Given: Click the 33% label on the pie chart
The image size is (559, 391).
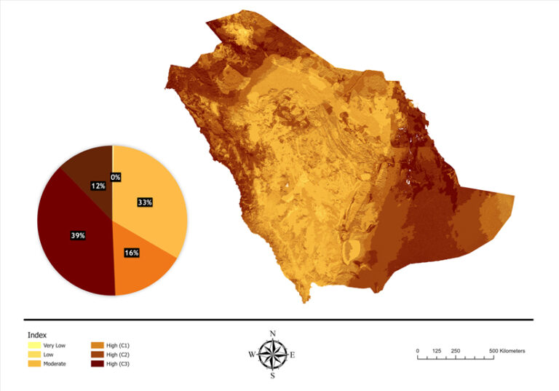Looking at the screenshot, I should (144, 202).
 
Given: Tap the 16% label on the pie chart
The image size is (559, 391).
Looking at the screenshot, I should (132, 253).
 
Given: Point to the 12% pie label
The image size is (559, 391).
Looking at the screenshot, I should (98, 186).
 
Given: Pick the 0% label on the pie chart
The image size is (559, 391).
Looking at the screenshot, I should (115, 177).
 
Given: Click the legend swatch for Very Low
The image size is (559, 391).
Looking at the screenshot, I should (34, 345).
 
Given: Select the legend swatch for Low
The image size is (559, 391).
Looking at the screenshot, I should (34, 354).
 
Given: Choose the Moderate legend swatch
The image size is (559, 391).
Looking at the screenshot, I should (34, 363).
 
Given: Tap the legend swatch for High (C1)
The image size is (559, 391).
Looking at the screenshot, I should (97, 345).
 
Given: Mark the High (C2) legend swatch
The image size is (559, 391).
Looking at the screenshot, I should (97, 354).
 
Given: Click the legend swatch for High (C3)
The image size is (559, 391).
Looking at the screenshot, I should (97, 363).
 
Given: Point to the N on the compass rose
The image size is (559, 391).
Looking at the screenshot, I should (273, 333).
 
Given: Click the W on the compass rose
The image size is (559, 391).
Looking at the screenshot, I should (252, 355).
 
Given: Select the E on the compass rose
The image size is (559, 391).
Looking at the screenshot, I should (293, 355).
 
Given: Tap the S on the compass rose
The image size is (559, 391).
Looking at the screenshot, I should (273, 376).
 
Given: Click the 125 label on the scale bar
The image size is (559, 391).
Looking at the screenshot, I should (437, 351).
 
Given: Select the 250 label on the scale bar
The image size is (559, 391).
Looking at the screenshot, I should (456, 351).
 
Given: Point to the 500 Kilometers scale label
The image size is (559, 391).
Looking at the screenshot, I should (507, 351).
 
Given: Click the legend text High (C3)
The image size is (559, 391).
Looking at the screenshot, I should (118, 363).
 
